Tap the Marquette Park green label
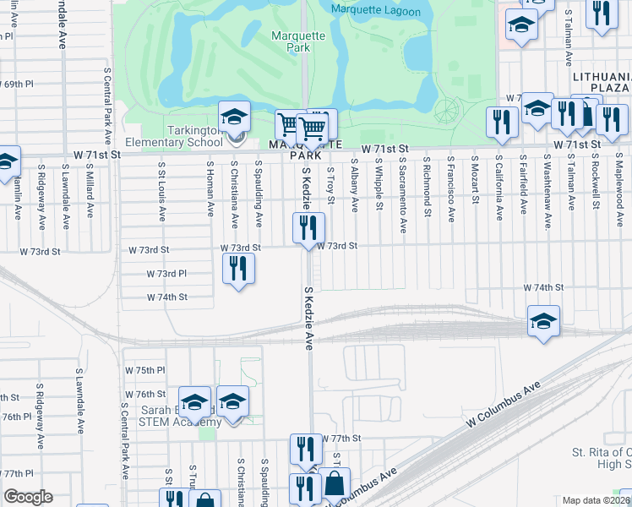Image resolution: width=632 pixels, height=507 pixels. click(x=291, y=42)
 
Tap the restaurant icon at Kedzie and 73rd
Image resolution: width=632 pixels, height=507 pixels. click(x=308, y=226)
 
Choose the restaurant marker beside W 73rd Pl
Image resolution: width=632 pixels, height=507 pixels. click(x=239, y=269)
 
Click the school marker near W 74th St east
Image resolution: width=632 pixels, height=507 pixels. click(x=544, y=320)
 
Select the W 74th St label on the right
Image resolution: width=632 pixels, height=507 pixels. click(x=542, y=288)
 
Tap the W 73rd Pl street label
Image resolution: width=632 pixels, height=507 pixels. click(x=166, y=274)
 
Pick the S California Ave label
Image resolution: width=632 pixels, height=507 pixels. click(x=499, y=188)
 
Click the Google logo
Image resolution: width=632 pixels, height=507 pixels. click(x=28, y=497)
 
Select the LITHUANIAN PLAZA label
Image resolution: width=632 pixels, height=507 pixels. click(x=601, y=82)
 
